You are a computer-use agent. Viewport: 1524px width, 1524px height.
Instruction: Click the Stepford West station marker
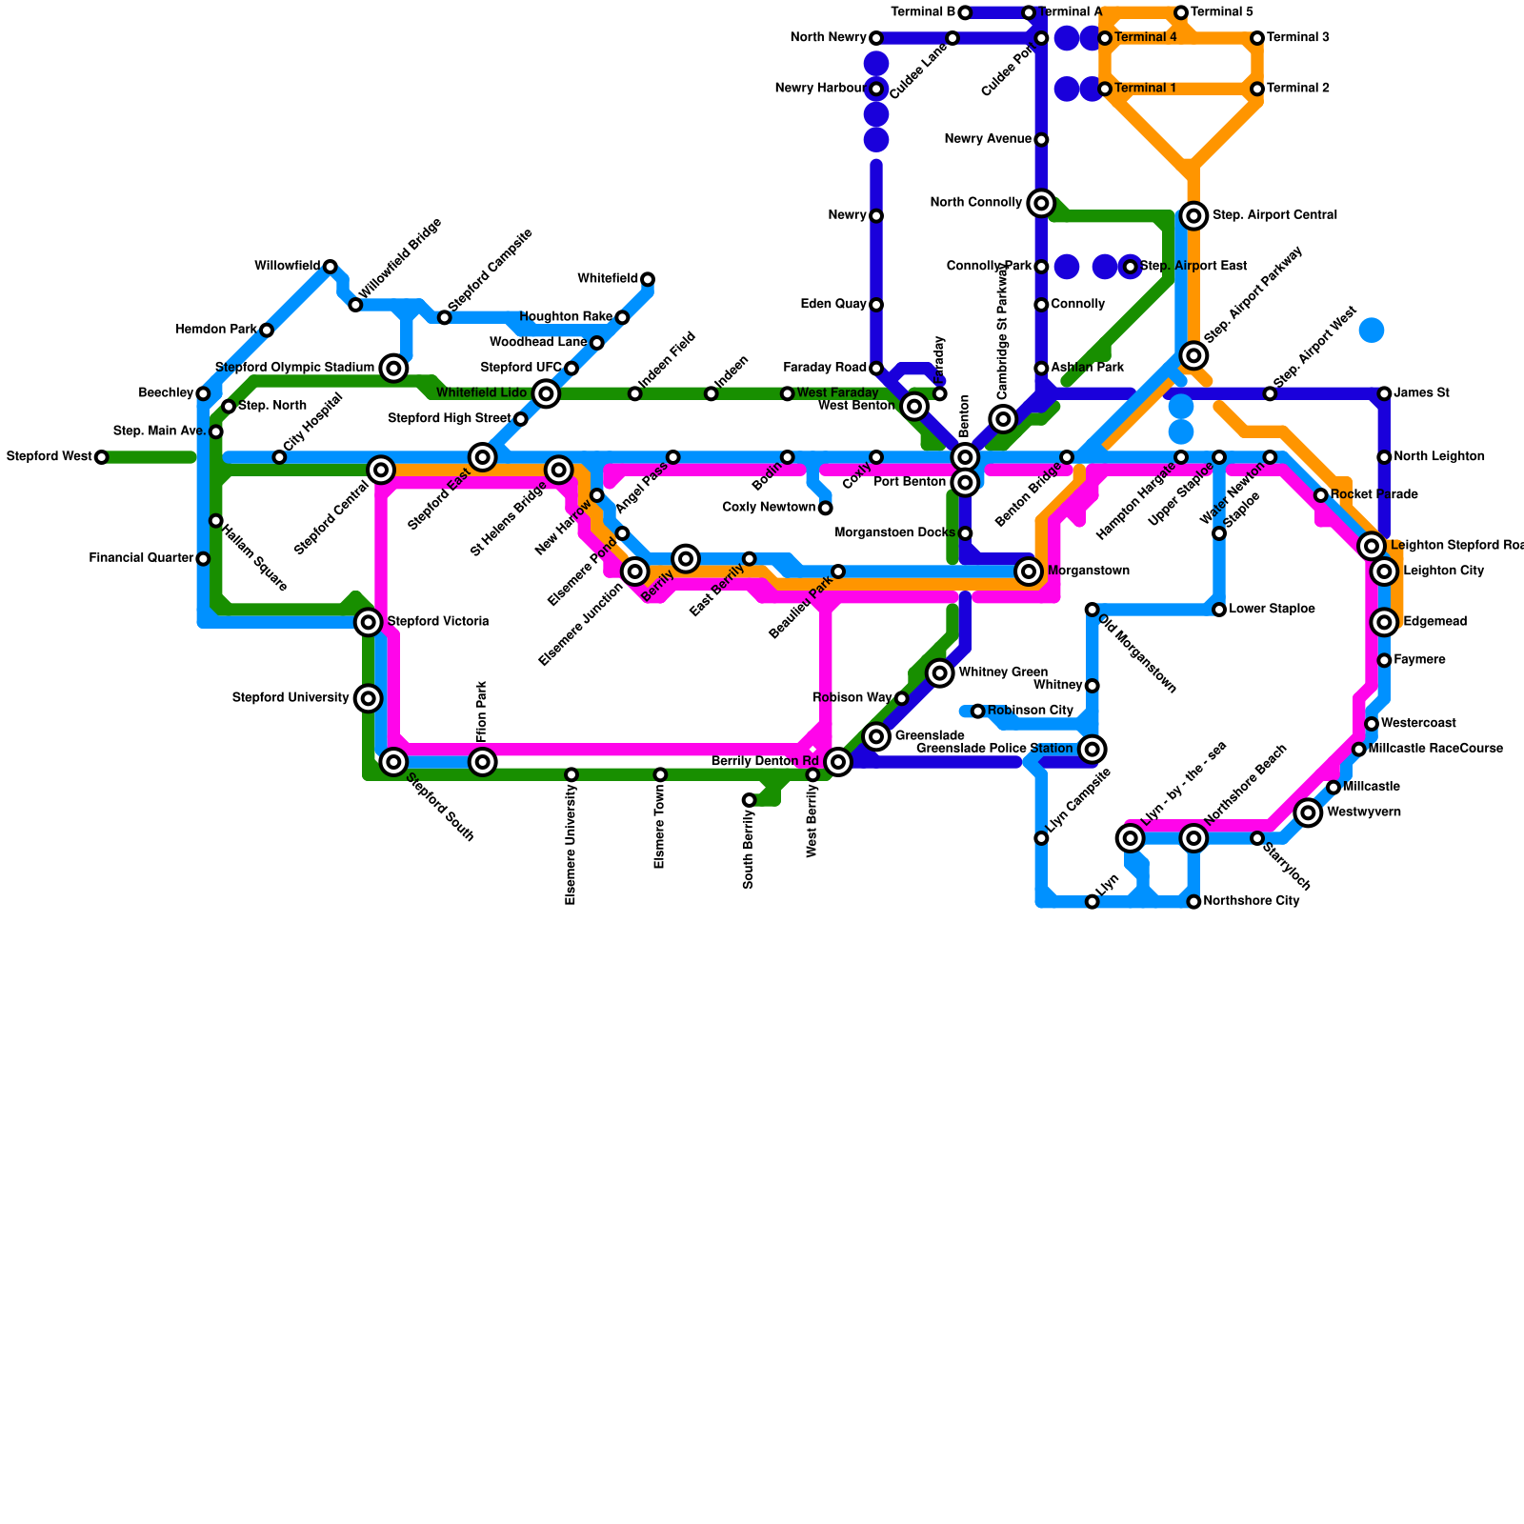[101, 457]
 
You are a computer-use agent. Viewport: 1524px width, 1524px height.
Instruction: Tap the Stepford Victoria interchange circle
[369, 622]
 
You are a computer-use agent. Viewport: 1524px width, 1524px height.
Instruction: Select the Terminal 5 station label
[1222, 12]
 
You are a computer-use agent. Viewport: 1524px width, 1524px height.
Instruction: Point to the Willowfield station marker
[330, 267]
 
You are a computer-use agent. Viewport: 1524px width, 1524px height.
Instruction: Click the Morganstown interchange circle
[1028, 571]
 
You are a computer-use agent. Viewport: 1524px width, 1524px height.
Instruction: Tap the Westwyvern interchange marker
[1309, 812]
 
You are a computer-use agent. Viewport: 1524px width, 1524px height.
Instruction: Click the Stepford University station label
[291, 698]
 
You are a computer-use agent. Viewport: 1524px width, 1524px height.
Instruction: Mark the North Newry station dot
[876, 38]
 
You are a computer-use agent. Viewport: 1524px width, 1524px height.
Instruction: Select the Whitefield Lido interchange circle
[546, 393]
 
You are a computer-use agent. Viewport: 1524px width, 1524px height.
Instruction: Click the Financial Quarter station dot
[203, 558]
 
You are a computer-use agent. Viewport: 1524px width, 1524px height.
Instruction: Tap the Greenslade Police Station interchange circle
[1093, 750]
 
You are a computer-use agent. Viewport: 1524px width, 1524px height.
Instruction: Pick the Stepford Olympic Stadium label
[294, 368]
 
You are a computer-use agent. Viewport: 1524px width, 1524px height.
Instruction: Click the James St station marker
[1384, 393]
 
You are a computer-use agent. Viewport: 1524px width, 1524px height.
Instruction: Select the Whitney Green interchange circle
[940, 672]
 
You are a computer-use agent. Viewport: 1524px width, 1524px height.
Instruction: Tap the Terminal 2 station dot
[1257, 89]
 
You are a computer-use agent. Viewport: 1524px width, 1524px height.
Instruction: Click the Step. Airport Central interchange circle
[1193, 216]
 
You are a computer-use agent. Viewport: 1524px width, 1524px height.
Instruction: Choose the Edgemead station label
[1434, 622]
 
